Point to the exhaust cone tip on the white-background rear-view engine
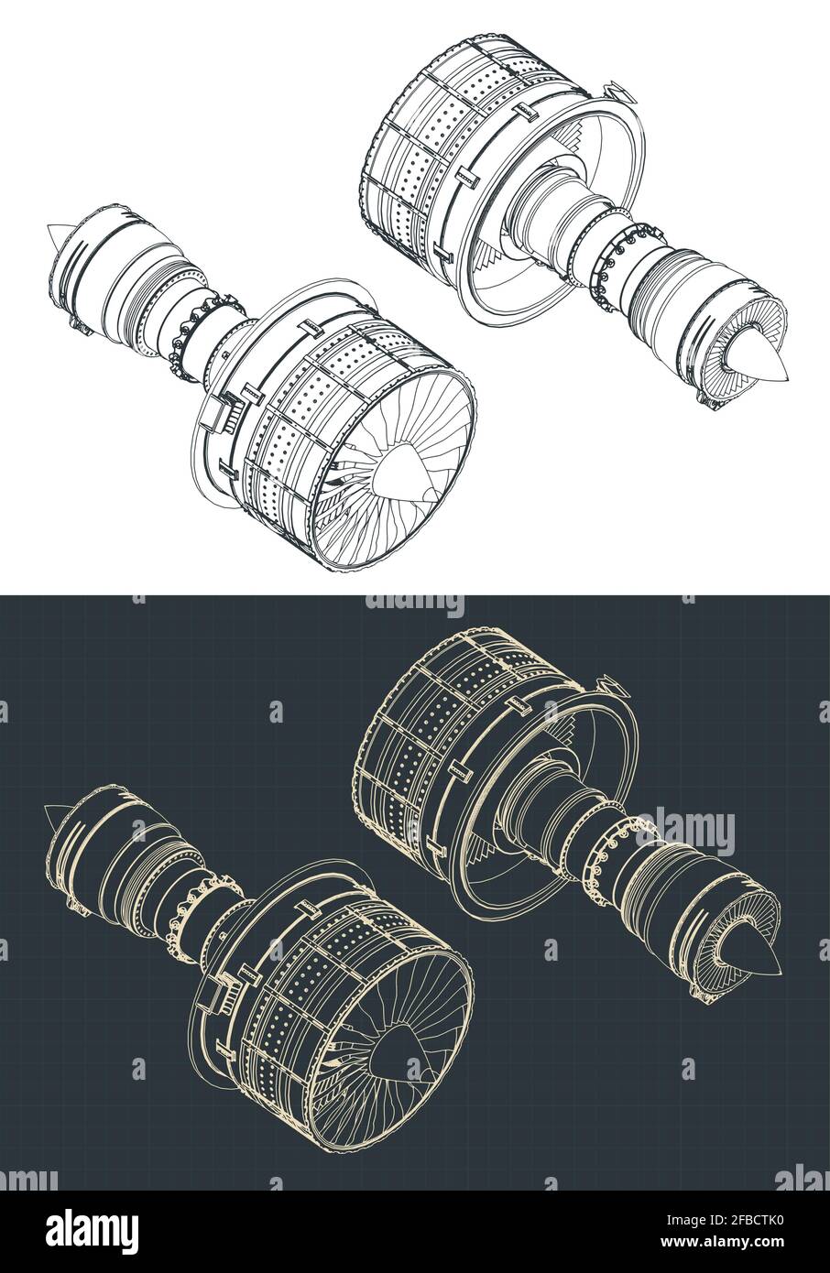click(x=768, y=367)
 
